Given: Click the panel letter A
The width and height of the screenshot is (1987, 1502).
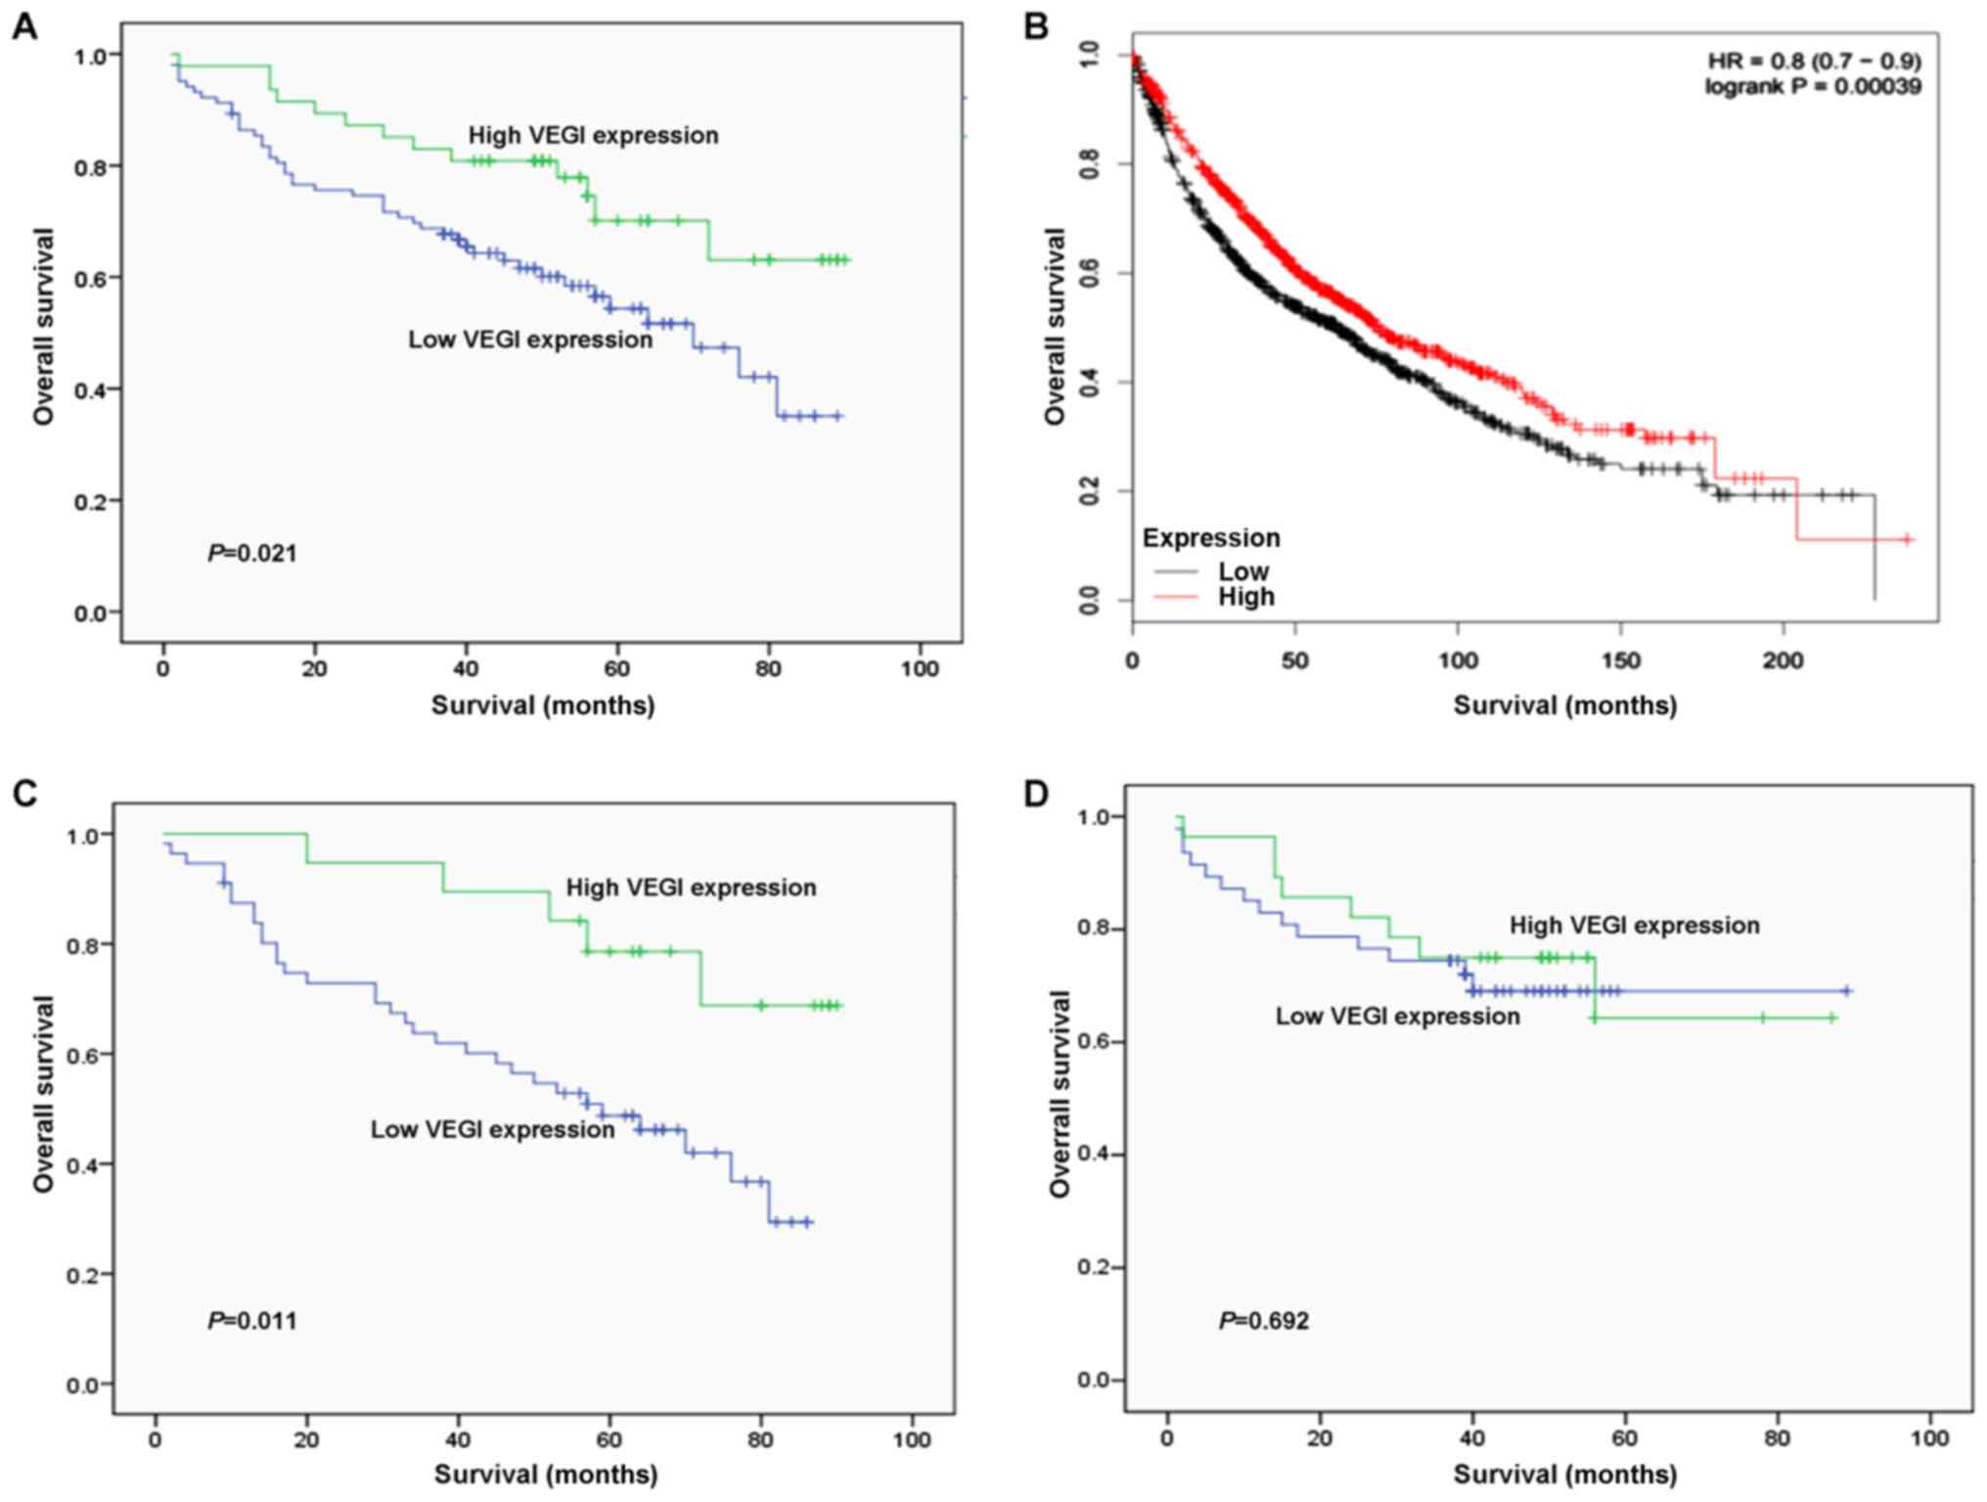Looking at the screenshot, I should point(24,26).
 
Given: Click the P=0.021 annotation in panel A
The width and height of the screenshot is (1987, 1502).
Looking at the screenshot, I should point(251,554).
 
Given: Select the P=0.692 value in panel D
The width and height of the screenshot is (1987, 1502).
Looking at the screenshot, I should point(1263,1321).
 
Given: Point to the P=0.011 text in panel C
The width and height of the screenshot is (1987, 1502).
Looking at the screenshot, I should point(251,1321).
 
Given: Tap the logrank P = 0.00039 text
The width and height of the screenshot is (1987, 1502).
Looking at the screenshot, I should point(1812,87).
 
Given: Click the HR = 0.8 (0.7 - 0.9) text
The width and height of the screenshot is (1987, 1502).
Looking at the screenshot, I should point(1814,62).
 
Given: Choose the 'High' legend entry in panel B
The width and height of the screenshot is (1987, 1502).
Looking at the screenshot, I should point(1245,597).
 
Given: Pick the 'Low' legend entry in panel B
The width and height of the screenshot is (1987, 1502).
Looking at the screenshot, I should point(1242,571).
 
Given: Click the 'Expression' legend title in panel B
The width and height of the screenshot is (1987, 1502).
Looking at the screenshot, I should point(1210,538).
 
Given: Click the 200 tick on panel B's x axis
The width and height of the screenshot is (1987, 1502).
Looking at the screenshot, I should point(1783,661).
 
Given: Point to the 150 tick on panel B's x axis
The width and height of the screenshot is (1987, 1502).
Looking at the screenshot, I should point(1620,661).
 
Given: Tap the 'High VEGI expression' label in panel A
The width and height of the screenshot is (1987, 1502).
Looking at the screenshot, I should point(593,135).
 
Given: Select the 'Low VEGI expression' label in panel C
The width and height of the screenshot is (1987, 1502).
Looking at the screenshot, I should point(492,1129).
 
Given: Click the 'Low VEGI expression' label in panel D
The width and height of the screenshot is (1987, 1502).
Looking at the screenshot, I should point(1397,1017).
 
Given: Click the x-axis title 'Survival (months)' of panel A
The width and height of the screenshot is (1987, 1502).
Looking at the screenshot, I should point(543,705).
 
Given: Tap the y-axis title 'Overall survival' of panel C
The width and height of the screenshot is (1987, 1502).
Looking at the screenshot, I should point(43,1093).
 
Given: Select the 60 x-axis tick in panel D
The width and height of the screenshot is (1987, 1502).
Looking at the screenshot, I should point(1624,1438).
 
